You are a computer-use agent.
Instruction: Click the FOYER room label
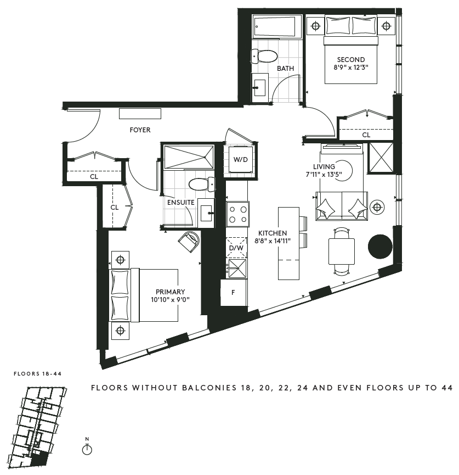point(140,130)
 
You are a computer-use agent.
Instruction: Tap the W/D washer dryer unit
point(240,159)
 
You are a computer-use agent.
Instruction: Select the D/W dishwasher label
point(236,248)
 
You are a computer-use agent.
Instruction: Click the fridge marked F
point(233,293)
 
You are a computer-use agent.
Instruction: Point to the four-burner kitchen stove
point(237,214)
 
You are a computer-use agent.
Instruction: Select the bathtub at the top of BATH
point(274,27)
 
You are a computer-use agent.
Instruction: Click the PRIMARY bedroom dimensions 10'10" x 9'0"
point(171,300)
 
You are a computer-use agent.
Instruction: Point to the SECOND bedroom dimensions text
point(351,68)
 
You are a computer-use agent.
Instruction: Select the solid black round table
point(379,247)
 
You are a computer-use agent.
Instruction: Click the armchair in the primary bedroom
point(190,241)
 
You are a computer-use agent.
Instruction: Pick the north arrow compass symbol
point(87,449)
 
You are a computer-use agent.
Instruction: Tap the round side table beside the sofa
point(377,207)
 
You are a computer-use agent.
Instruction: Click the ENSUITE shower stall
point(188,157)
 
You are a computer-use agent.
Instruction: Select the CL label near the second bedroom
point(366,135)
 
